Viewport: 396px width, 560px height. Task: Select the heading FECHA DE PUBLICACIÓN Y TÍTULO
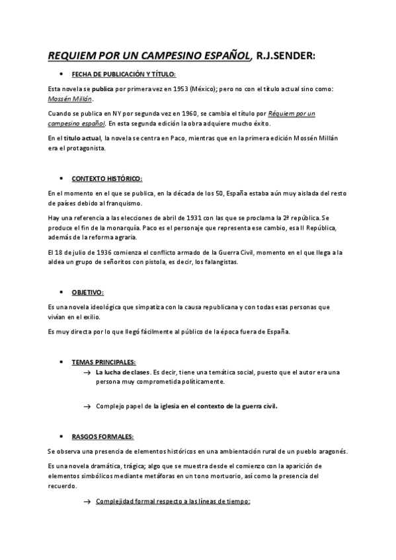(124, 75)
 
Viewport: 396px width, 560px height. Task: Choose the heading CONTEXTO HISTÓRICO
(106, 179)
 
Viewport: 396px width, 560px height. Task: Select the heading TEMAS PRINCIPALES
(104, 362)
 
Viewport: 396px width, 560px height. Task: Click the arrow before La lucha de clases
(87, 373)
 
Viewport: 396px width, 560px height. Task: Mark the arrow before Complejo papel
(87, 407)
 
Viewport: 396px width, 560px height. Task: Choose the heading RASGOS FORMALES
(102, 437)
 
